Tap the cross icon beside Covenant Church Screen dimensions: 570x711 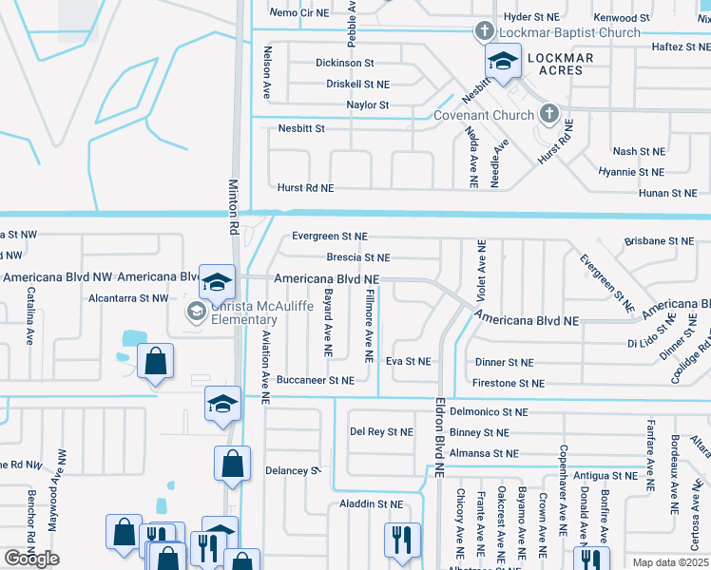click(548, 115)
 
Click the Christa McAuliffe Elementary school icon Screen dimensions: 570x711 click(196, 311)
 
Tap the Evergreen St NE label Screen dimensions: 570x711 click(329, 236)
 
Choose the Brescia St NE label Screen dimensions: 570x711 click(357, 257)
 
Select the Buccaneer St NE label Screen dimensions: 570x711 click(315, 380)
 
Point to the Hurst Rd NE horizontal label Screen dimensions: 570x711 click(305, 188)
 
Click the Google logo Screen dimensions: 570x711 click(31, 559)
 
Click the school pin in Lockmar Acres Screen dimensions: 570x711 click(503, 62)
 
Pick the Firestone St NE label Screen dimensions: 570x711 click(508, 383)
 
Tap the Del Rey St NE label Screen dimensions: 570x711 click(381, 431)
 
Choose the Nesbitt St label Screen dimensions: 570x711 click(301, 128)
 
